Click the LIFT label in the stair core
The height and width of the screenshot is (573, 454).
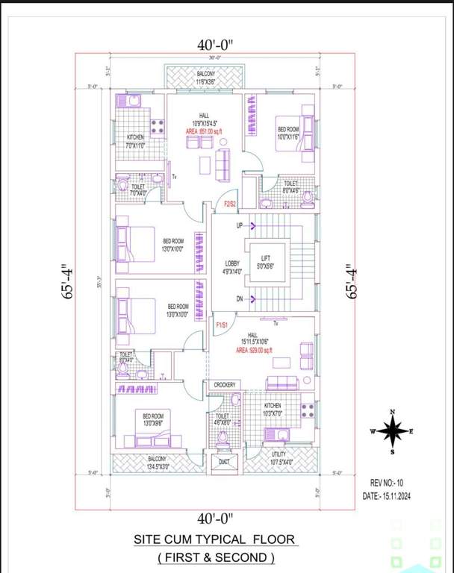click(x=265, y=261)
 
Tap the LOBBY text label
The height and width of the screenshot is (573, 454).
click(x=232, y=267)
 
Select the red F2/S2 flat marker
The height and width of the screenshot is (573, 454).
click(x=230, y=203)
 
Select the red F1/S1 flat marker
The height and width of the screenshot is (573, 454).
click(x=222, y=325)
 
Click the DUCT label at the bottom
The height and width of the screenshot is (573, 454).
click(x=225, y=463)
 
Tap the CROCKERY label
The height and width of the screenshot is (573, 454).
click(x=224, y=385)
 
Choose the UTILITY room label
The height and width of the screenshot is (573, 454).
click(x=279, y=457)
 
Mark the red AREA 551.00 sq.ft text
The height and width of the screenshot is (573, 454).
click(x=205, y=131)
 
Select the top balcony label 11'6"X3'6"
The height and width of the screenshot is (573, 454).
click(x=205, y=78)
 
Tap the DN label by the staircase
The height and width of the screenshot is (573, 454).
click(x=240, y=299)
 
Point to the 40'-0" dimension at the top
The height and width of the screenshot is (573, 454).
click(x=217, y=45)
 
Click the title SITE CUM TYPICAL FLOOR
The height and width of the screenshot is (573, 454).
click(x=214, y=539)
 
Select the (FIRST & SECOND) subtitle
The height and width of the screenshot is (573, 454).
click(x=216, y=557)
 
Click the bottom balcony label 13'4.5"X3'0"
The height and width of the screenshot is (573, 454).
click(x=157, y=463)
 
